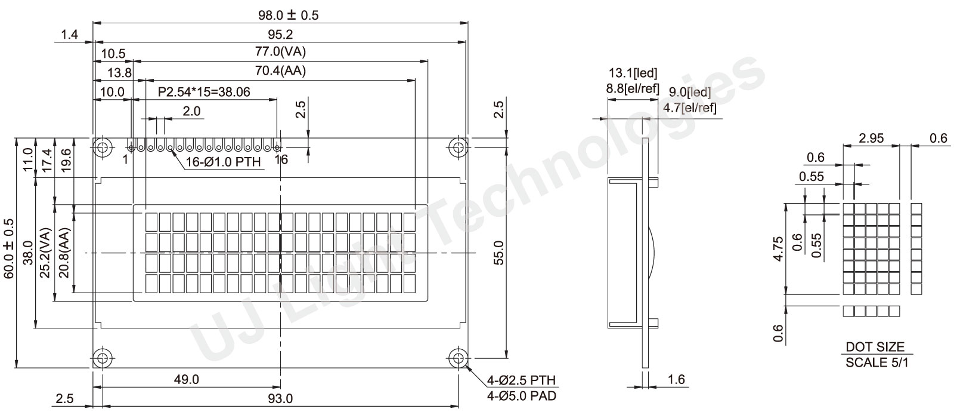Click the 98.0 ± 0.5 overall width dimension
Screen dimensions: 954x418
click(x=289, y=15)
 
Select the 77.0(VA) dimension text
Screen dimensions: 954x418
click(x=280, y=51)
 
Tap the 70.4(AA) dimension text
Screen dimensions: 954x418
click(x=280, y=70)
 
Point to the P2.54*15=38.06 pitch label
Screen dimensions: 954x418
click(x=204, y=92)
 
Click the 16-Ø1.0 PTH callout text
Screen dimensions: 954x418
click(x=224, y=162)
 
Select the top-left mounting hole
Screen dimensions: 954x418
click(x=102, y=148)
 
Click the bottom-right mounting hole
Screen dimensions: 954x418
click(x=459, y=358)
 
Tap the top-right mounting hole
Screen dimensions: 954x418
click(x=459, y=148)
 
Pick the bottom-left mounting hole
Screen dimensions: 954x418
click(x=102, y=358)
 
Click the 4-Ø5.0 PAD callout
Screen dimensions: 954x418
click(x=522, y=397)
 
